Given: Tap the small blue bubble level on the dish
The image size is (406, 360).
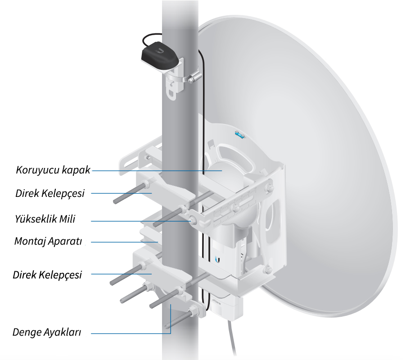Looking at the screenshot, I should click(x=239, y=135).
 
